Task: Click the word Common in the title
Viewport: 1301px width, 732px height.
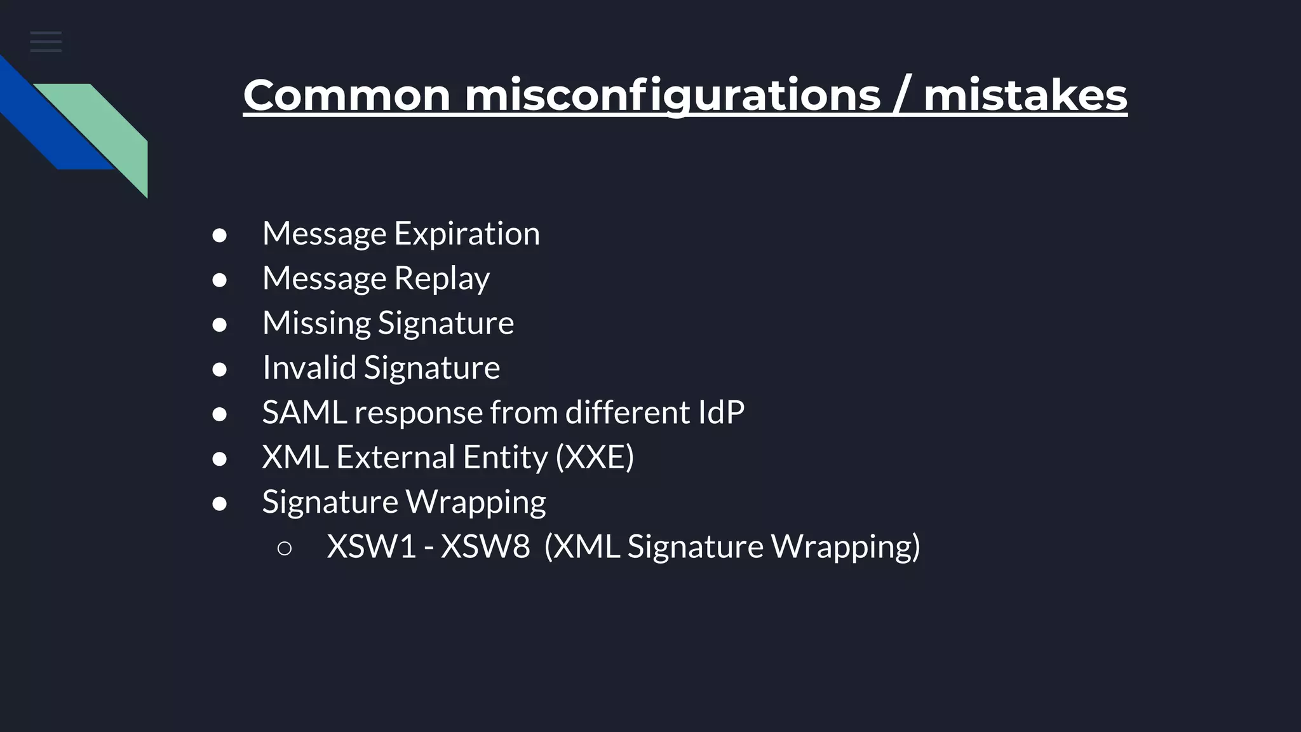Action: click(x=347, y=95)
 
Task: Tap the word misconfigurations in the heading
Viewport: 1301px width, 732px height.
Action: click(x=672, y=95)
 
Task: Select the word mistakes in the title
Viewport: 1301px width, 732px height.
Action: click(x=1025, y=95)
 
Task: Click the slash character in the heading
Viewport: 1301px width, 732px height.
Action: click(x=902, y=95)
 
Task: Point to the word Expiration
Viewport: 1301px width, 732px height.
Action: click(x=467, y=233)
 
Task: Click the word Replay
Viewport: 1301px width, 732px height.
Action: click(x=442, y=278)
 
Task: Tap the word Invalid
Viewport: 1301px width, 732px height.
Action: click(x=309, y=367)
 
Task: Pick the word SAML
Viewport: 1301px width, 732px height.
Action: click(x=304, y=412)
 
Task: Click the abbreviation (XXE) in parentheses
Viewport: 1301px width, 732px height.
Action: click(x=595, y=457)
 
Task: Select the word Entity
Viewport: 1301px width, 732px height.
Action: click(x=505, y=457)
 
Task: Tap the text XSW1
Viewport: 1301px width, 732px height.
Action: click(x=371, y=546)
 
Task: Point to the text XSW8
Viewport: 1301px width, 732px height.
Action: click(x=485, y=546)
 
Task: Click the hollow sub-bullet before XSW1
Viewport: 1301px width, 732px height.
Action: click(x=285, y=548)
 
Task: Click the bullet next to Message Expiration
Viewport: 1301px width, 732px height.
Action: click(x=219, y=235)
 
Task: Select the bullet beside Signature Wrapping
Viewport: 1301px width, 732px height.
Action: click(x=219, y=503)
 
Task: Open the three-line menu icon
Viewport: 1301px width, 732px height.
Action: click(x=46, y=42)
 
